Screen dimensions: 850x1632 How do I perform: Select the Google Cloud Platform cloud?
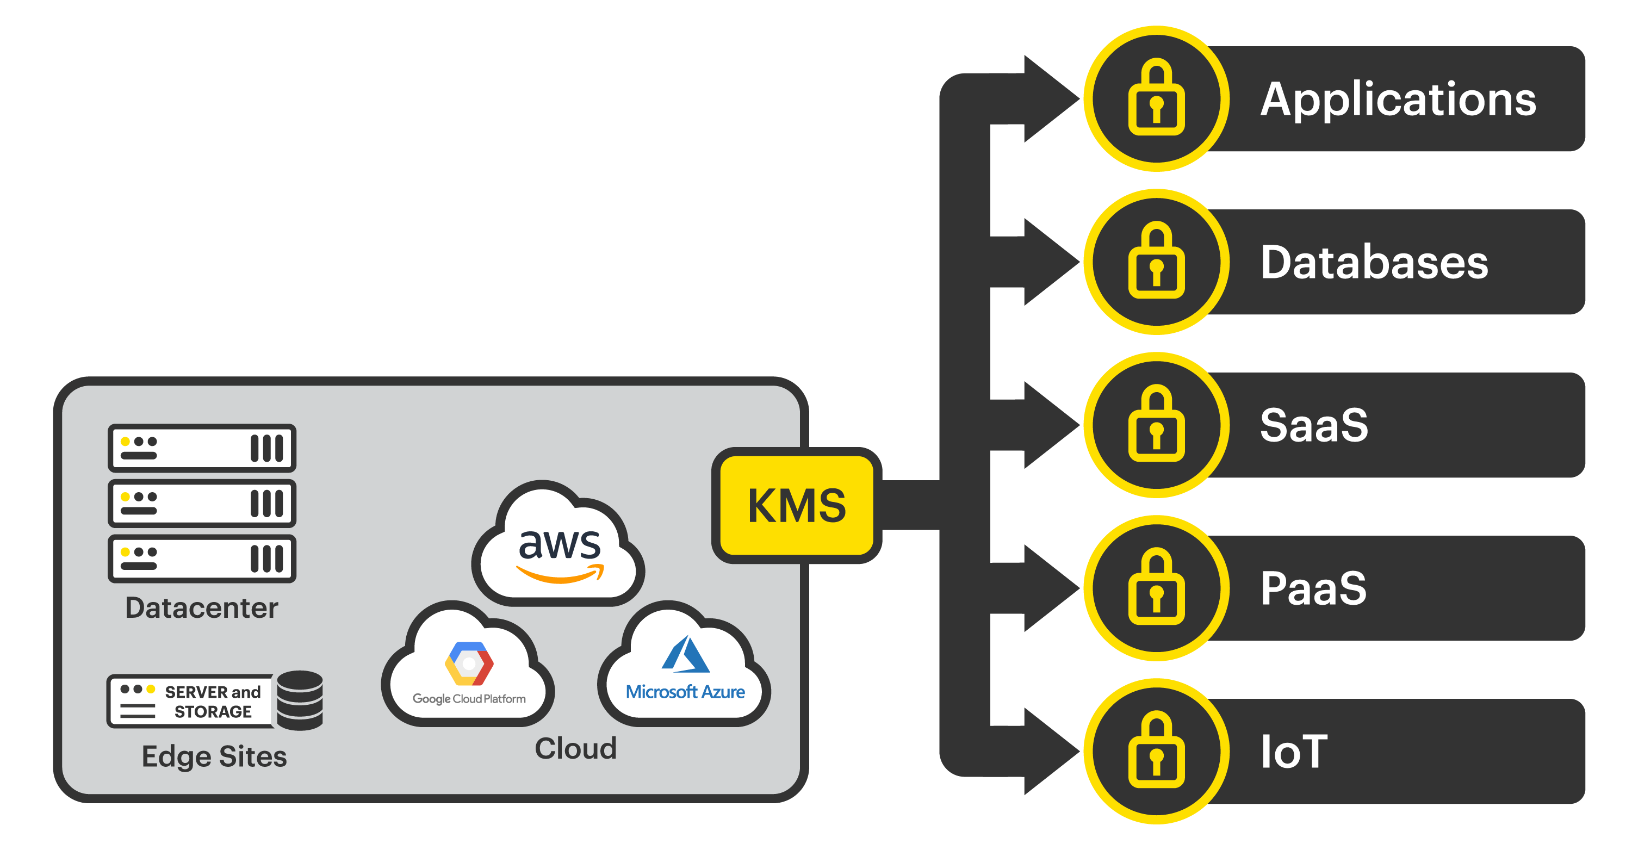[468, 672]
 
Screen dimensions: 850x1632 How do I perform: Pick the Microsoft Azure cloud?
[685, 672]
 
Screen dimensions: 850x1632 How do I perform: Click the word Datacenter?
[201, 608]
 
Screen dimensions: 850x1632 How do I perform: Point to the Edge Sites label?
[214, 756]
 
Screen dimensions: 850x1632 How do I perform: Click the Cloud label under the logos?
[575, 749]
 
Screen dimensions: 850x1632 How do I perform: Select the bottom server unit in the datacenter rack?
[201, 559]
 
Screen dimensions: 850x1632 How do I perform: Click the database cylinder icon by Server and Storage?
[300, 700]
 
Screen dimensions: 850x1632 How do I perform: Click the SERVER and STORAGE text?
[212, 702]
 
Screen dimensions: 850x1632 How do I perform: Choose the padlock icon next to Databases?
[1156, 262]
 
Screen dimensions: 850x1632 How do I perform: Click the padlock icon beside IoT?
[1156, 751]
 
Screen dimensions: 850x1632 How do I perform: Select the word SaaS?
[1313, 425]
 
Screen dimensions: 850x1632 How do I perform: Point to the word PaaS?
[1313, 588]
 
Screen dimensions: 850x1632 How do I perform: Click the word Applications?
[1398, 100]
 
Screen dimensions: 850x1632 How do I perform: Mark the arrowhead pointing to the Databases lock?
[1048, 262]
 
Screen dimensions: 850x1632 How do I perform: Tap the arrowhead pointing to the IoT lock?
[1048, 751]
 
